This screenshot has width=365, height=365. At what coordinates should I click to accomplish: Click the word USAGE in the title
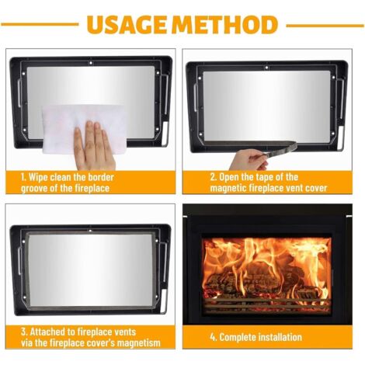[x=127, y=25]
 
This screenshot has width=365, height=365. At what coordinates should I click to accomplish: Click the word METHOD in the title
[x=224, y=25]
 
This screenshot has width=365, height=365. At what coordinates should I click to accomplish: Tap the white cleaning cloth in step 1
[x=83, y=127]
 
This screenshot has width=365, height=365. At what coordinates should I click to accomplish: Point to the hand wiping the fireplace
[x=94, y=146]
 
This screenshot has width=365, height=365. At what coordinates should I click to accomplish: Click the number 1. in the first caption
[x=24, y=178]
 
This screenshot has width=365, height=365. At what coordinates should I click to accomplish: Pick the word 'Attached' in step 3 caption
[x=47, y=332]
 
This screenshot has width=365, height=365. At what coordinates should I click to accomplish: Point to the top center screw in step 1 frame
[x=90, y=63]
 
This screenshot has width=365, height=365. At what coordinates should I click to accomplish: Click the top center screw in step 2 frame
[x=266, y=68]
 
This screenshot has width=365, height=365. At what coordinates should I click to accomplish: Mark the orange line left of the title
[x=40, y=25]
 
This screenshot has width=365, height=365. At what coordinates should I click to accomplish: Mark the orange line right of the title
[x=325, y=26]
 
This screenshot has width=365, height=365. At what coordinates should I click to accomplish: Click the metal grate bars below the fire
[x=266, y=305]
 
